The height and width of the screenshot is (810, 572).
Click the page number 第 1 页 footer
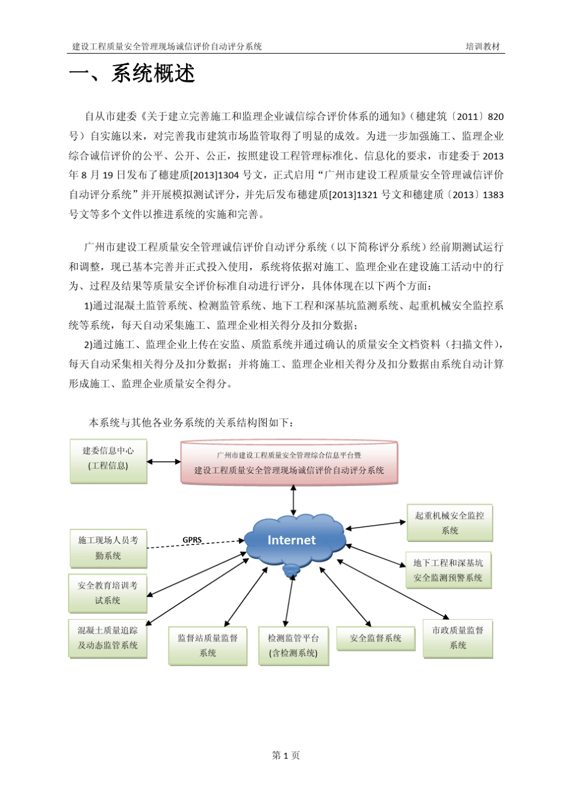tap(286, 755)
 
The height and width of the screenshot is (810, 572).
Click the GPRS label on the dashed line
tap(192, 540)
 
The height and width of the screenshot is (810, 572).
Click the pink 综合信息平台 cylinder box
tap(290, 463)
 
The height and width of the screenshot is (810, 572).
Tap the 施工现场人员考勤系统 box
tap(108, 548)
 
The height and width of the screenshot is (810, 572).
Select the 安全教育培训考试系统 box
tap(108, 593)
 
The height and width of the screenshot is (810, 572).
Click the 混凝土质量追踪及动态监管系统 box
tap(108, 638)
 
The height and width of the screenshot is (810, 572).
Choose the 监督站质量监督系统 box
tap(208, 645)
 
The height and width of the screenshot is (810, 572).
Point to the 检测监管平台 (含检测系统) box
tap(293, 645)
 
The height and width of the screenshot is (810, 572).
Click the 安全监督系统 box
tap(376, 638)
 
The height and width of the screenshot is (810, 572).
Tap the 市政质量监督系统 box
tap(458, 638)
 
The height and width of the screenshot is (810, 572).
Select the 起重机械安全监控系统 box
tap(450, 523)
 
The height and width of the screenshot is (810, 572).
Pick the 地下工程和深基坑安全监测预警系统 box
tap(448, 570)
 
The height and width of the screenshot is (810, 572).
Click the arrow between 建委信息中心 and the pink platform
tap(164, 463)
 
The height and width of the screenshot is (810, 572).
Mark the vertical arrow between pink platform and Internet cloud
tap(293, 499)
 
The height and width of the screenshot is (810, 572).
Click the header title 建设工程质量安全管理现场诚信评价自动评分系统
tap(167, 46)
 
